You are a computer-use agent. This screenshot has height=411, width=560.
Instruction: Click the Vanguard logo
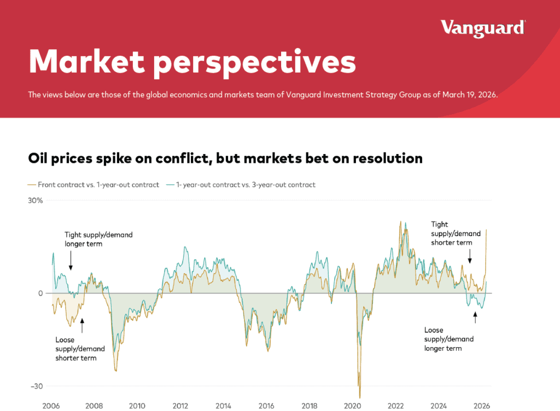click(x=483, y=27)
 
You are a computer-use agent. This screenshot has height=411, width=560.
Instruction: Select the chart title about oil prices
click(x=225, y=158)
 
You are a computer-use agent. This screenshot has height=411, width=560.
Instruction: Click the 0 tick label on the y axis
click(x=40, y=293)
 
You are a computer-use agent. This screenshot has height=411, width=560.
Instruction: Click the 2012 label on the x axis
click(x=180, y=406)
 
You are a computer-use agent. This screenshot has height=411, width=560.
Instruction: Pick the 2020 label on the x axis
click(x=353, y=406)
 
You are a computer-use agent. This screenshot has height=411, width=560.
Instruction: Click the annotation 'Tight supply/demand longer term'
click(x=98, y=239)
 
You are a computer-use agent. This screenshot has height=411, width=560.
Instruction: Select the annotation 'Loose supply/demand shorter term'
click(x=76, y=349)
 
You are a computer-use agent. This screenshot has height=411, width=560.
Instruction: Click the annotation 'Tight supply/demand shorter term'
click(x=451, y=233)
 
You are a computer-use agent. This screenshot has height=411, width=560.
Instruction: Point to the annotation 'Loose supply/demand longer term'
click(x=449, y=339)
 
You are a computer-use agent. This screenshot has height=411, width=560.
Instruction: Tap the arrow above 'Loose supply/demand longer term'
click(x=475, y=317)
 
